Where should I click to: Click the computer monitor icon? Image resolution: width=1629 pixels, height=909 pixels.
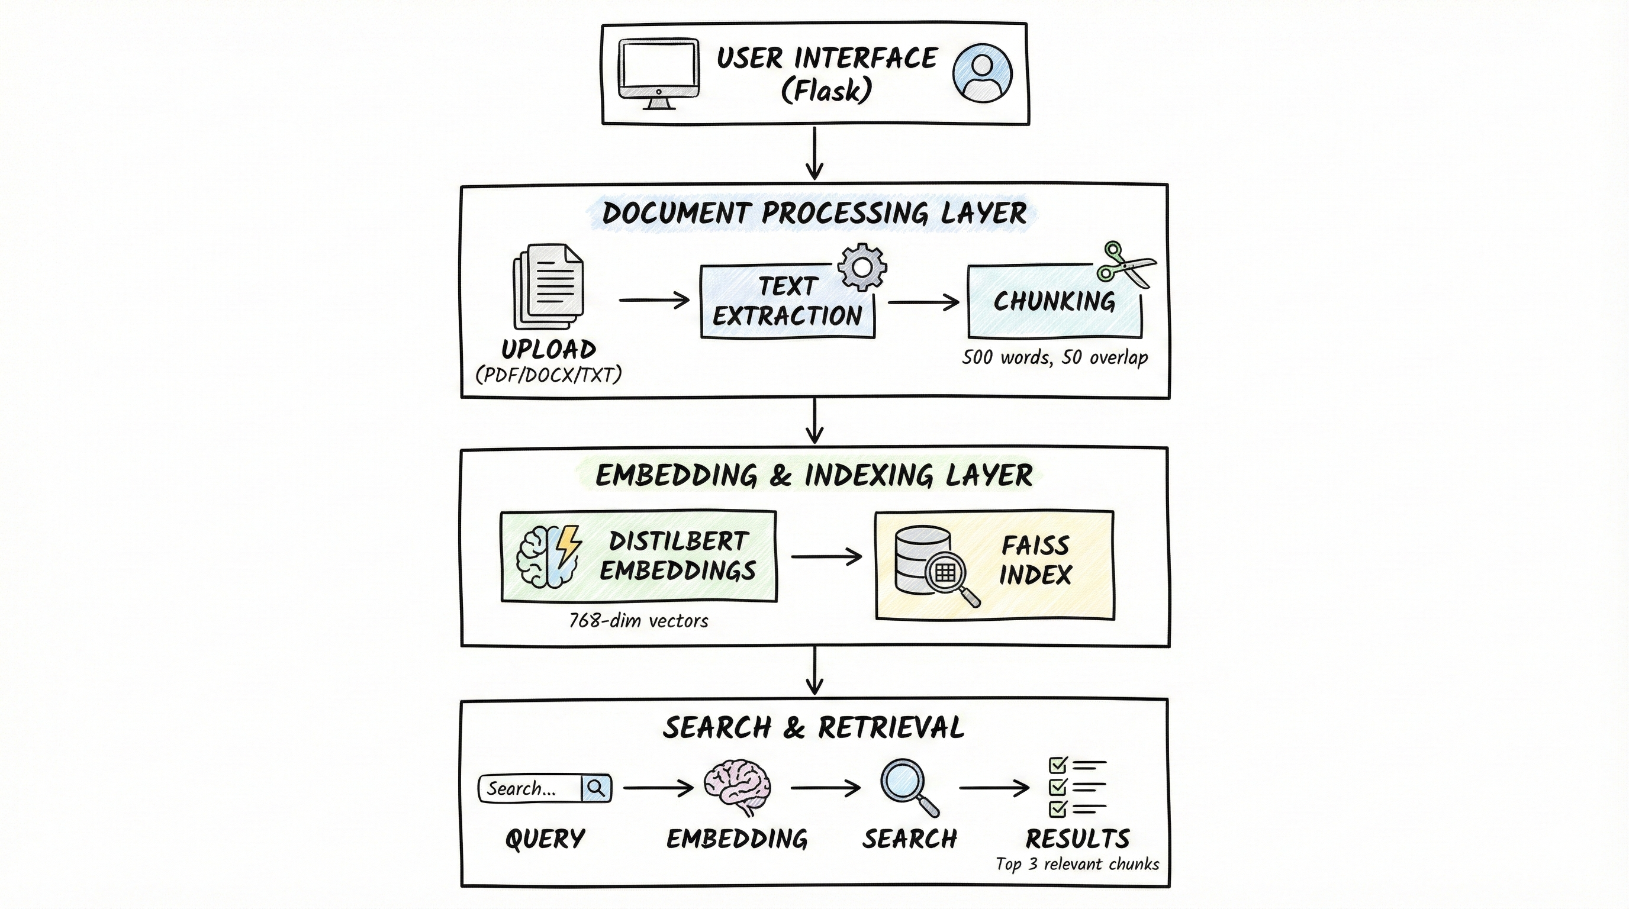click(659, 73)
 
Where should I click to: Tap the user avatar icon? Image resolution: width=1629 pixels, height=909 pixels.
click(981, 73)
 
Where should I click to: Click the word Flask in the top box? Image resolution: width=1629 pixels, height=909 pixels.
click(827, 91)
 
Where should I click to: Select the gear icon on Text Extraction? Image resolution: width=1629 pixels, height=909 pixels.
click(861, 267)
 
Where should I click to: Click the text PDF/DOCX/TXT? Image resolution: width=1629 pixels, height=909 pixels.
click(548, 375)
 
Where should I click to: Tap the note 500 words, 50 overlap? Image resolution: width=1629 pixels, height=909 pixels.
click(1054, 357)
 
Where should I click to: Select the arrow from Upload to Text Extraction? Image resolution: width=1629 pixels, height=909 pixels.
click(654, 300)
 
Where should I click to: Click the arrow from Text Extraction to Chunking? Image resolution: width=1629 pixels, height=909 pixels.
click(923, 303)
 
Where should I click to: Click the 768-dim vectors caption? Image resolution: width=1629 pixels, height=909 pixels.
click(638, 621)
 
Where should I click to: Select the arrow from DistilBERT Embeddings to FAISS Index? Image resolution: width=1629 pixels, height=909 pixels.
click(826, 556)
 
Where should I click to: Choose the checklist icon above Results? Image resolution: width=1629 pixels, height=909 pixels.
click(1076, 787)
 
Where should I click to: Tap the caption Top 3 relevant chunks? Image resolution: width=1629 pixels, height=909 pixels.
click(1077, 864)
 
